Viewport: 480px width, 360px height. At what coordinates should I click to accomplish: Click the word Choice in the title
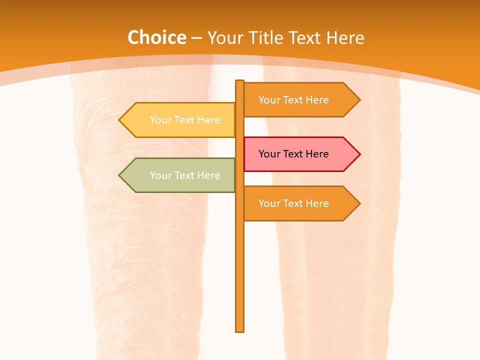pos(156,38)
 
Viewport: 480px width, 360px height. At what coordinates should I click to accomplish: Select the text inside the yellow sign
pos(185,120)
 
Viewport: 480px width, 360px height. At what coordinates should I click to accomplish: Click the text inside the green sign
pos(185,175)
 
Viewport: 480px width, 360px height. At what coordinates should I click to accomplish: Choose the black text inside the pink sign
pos(293,154)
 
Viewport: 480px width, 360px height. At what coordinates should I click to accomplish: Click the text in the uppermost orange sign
pos(293,100)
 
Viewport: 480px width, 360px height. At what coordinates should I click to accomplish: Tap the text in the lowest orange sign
pos(293,203)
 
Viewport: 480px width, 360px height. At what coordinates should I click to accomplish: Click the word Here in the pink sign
pos(316,154)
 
